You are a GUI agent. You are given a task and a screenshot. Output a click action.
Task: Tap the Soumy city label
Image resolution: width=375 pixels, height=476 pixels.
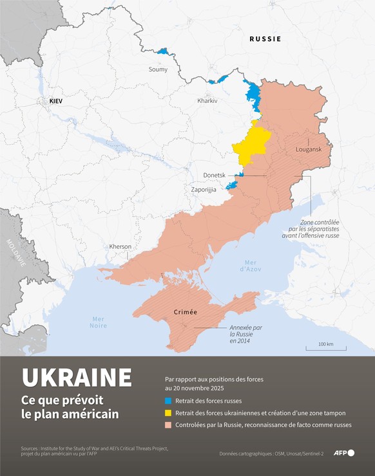coord(158,69)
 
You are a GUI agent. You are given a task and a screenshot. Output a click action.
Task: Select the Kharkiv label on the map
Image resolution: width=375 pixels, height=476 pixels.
coord(207,101)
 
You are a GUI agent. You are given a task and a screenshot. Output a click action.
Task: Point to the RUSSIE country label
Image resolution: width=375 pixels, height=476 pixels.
coord(265,39)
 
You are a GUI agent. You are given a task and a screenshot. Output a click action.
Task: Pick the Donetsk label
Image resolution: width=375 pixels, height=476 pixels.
coord(214,175)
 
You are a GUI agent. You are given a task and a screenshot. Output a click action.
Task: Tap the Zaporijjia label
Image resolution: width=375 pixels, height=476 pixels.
coord(204,190)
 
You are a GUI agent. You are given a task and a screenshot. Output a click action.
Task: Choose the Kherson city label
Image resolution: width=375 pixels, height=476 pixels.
coord(120,246)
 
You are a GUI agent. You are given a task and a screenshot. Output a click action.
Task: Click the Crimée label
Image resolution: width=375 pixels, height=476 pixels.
coord(185,312)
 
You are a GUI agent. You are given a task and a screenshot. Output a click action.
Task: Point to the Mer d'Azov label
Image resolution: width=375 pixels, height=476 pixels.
coord(249,265)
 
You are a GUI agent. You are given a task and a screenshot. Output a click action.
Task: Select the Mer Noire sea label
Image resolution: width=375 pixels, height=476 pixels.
coord(99,322)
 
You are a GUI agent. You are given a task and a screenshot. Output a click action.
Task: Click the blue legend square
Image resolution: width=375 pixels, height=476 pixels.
coord(168,401)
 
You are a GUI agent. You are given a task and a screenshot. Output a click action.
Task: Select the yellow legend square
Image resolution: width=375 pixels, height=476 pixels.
coord(168,413)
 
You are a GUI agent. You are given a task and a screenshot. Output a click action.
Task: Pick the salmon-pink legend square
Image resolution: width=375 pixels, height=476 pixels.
coord(168,425)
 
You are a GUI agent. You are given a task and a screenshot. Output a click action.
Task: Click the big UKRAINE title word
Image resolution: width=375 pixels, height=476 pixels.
coord(77,378)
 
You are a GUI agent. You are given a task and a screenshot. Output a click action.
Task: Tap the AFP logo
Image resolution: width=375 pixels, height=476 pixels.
coord(343,453)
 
